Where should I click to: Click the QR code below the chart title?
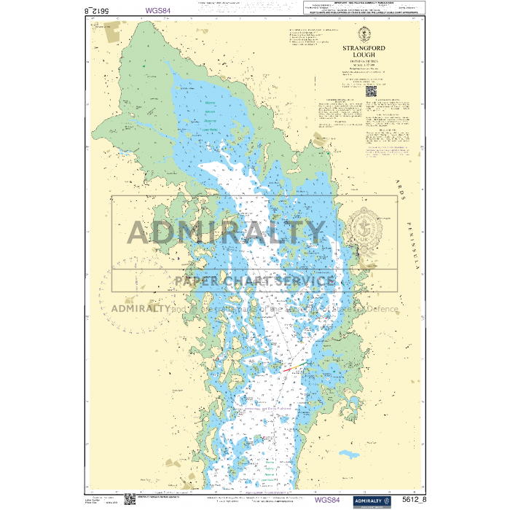pyautogui.click(x=369, y=91)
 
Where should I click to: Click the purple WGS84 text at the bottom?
pyautogui.click(x=327, y=500)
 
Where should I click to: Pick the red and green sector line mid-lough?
pyautogui.click(x=291, y=367)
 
